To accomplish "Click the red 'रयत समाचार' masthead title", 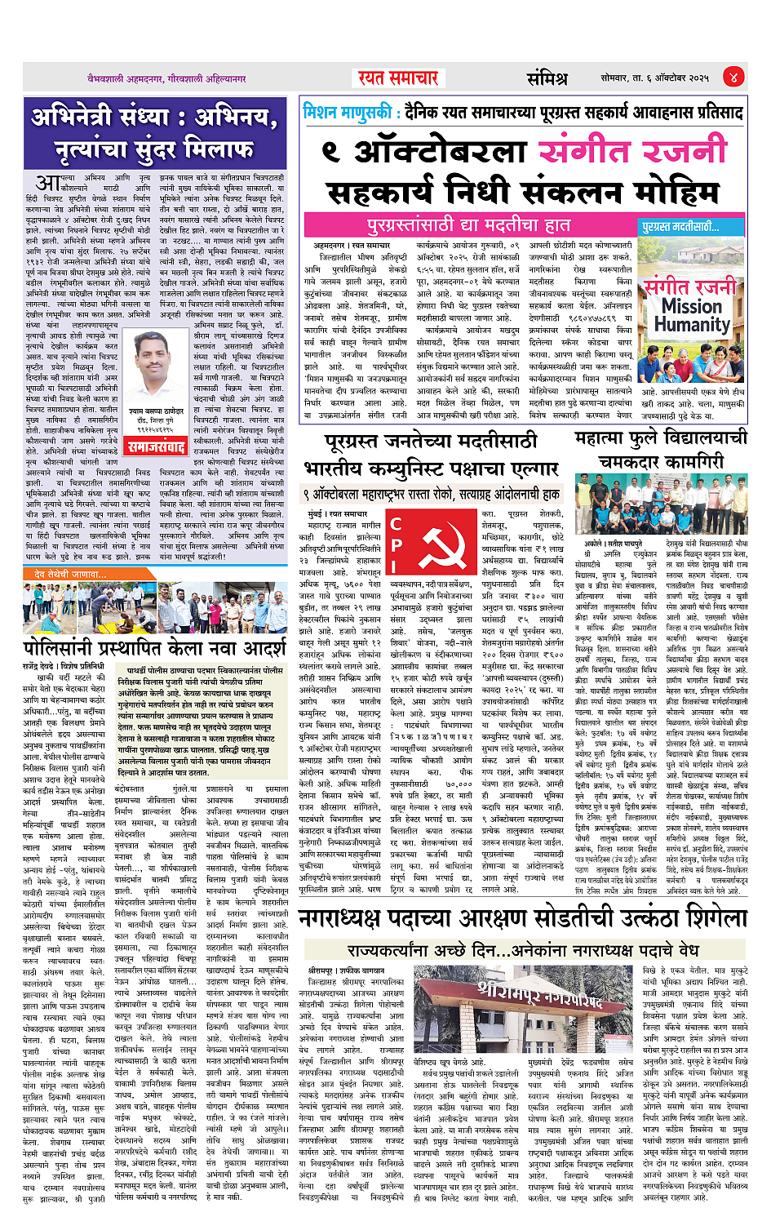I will click(398, 78).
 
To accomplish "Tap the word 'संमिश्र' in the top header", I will click(547, 78).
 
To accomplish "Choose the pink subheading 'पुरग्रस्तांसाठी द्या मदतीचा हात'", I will click(468, 225).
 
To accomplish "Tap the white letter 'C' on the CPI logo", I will click(396, 524).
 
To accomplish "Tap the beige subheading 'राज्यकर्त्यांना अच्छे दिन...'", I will click(522, 950).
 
